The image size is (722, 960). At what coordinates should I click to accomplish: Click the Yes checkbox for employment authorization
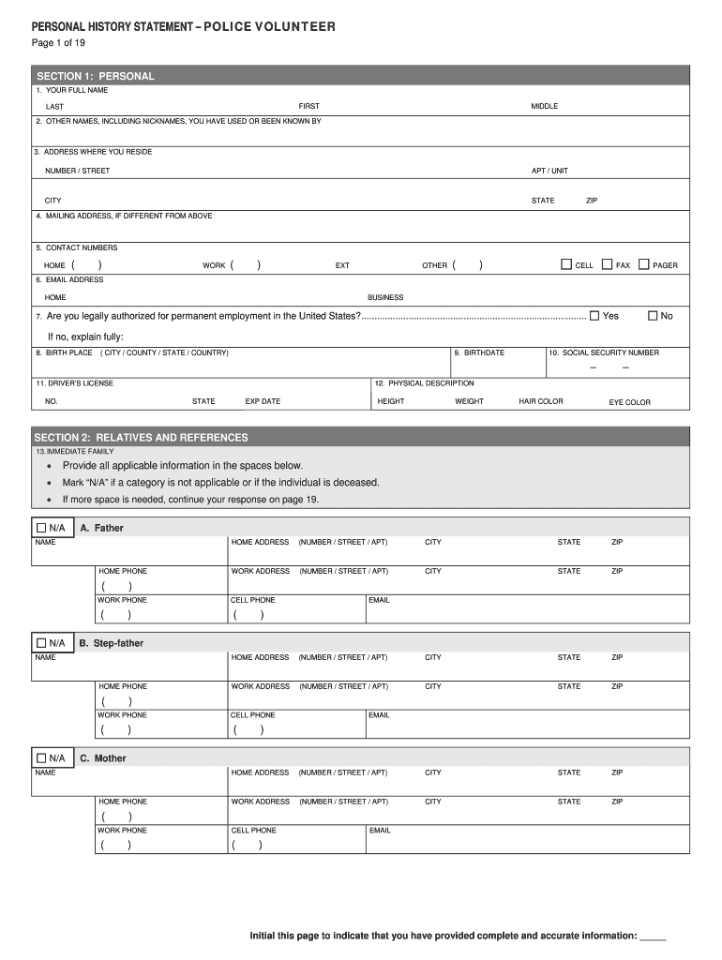click(594, 315)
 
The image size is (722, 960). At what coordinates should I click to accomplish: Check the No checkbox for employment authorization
click(653, 315)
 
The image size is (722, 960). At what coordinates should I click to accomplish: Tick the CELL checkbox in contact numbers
click(566, 264)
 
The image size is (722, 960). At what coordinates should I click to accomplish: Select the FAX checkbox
click(607, 264)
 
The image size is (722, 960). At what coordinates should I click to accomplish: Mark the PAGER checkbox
click(643, 264)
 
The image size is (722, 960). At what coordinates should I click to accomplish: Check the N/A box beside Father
click(41, 528)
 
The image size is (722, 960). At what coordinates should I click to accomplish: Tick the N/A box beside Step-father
click(41, 643)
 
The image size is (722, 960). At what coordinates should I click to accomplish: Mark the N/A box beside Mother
click(41, 757)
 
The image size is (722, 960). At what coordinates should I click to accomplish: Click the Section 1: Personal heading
click(95, 76)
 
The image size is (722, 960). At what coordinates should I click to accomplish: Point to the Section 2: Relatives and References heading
click(141, 437)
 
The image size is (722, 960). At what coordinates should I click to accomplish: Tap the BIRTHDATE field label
click(484, 352)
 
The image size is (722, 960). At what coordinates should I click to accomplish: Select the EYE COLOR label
click(629, 402)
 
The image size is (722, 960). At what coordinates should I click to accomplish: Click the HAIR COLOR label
click(541, 401)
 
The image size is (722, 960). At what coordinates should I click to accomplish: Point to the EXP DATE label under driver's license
click(263, 401)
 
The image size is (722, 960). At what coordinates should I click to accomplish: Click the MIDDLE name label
click(544, 106)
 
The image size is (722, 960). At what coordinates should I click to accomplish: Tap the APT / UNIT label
click(549, 171)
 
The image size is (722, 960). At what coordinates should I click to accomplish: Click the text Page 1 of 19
click(58, 43)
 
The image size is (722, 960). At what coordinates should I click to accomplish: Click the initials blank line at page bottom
click(652, 937)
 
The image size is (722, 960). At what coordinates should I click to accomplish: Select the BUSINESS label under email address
click(385, 297)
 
